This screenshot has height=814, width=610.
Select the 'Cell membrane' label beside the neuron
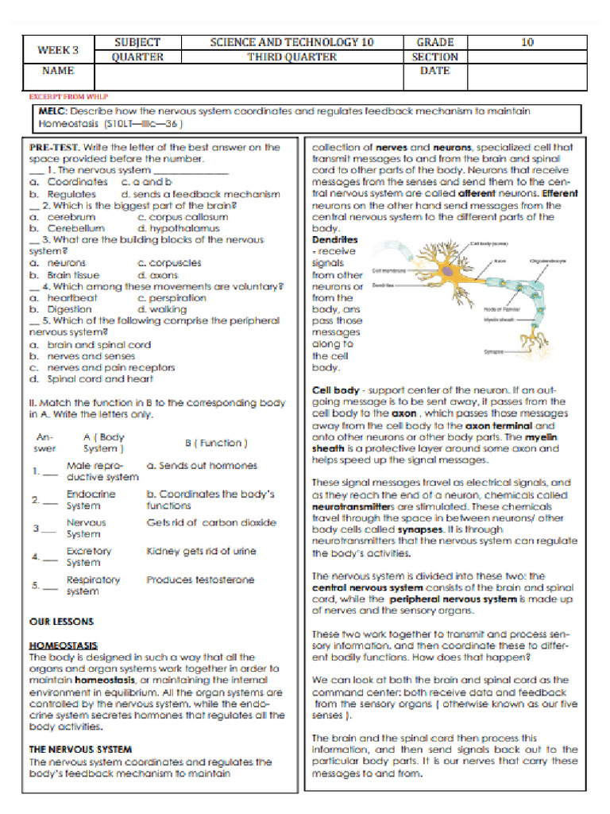(389, 270)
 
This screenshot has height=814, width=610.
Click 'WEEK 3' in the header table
(58, 49)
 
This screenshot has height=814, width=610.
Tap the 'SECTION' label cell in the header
(434, 56)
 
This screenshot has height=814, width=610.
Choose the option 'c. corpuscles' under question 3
(169, 262)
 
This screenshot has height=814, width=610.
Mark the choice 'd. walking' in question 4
(162, 309)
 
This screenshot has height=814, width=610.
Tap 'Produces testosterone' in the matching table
(200, 579)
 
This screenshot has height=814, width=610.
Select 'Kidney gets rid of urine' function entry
(201, 551)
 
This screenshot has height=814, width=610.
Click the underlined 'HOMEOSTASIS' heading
(64, 645)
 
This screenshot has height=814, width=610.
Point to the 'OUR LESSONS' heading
(61, 621)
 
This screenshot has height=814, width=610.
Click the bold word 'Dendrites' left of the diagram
(335, 239)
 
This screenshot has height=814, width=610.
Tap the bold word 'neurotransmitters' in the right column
(353, 506)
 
